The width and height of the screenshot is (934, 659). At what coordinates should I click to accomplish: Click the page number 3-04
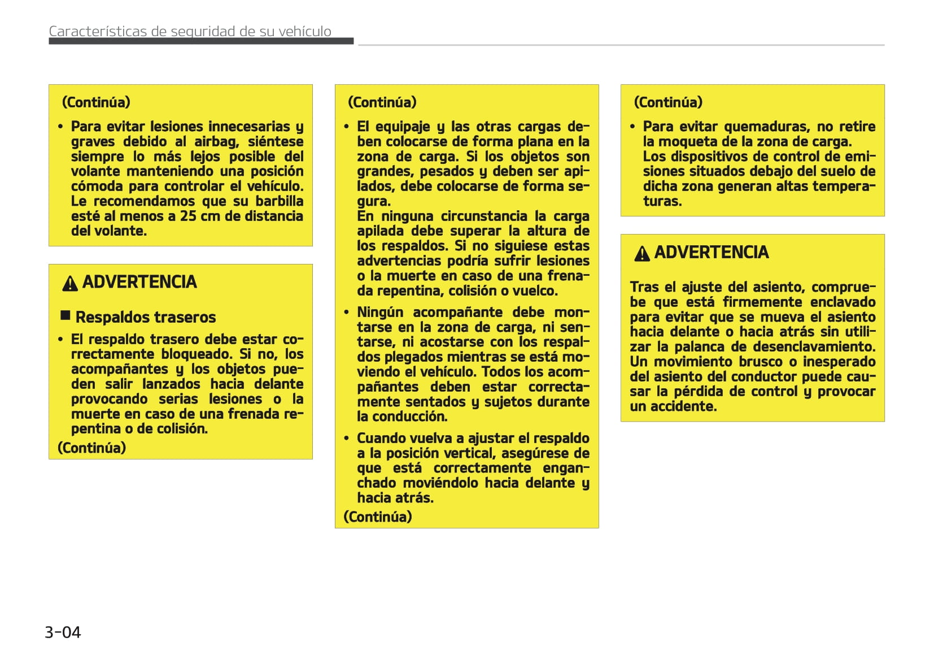pos(63,632)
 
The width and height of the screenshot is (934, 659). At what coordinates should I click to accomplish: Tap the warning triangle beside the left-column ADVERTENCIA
pos(70,283)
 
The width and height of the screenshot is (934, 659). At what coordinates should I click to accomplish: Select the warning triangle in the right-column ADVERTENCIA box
pos(641,254)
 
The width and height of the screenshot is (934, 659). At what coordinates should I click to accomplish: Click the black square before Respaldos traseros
pos(66,315)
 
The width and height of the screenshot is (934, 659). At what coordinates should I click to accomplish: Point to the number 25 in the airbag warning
pos(188,216)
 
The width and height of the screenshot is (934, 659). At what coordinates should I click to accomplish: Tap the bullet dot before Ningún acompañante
pos(347,312)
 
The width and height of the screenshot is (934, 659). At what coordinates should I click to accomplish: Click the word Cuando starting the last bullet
pos(379,438)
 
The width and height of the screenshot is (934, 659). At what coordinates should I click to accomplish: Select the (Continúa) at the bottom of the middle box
pos(378,517)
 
